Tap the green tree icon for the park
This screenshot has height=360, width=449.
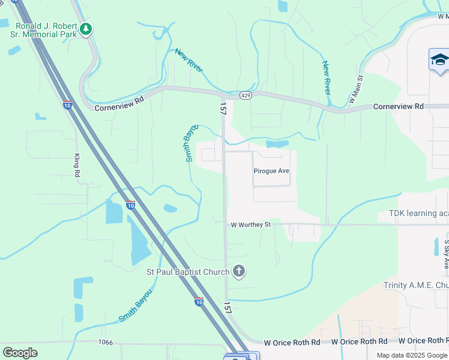(x=86, y=29)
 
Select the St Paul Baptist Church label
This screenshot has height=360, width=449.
(x=188, y=272)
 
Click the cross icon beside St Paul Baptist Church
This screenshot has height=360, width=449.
(x=239, y=272)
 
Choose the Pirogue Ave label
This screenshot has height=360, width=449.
(x=271, y=171)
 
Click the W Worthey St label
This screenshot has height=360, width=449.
(x=252, y=225)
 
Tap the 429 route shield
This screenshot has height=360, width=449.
(x=245, y=95)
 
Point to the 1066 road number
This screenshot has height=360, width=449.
(x=106, y=342)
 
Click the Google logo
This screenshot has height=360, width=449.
(x=20, y=352)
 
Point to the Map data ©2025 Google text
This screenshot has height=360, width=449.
(x=412, y=355)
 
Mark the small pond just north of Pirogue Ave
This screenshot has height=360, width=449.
(x=277, y=144)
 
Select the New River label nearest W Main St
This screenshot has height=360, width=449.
(x=327, y=77)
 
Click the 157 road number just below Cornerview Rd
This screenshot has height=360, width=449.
(x=223, y=109)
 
